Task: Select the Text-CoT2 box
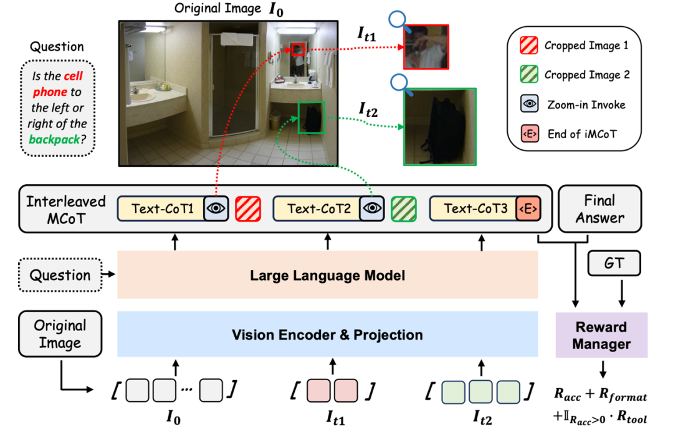point(318,209)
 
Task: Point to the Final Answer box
point(591,209)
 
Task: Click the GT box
point(614,264)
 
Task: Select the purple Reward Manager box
point(601,335)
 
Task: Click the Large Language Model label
point(327,275)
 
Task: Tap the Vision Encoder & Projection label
point(327,335)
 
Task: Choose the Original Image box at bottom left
point(60,334)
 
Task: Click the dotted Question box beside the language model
point(60,275)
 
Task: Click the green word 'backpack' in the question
point(55,139)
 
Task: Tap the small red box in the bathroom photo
point(298,49)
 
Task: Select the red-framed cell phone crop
point(426,47)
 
